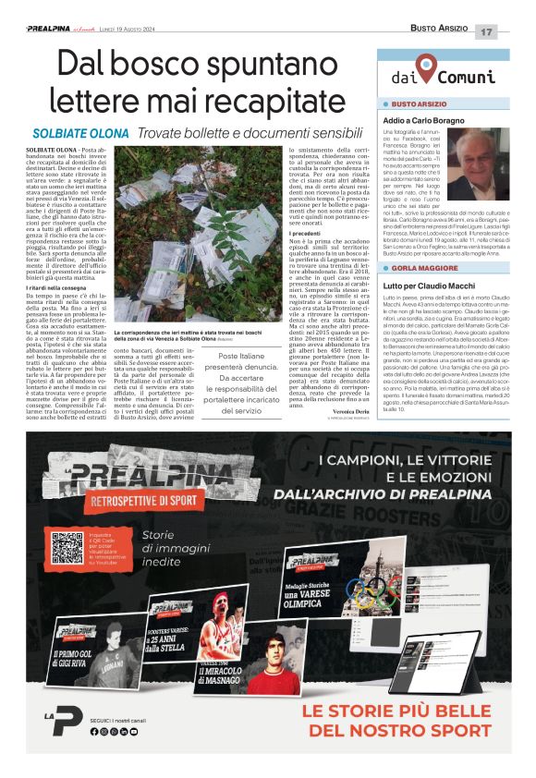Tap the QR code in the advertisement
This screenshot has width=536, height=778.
(67, 548)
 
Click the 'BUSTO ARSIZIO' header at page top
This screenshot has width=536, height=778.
(437, 30)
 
